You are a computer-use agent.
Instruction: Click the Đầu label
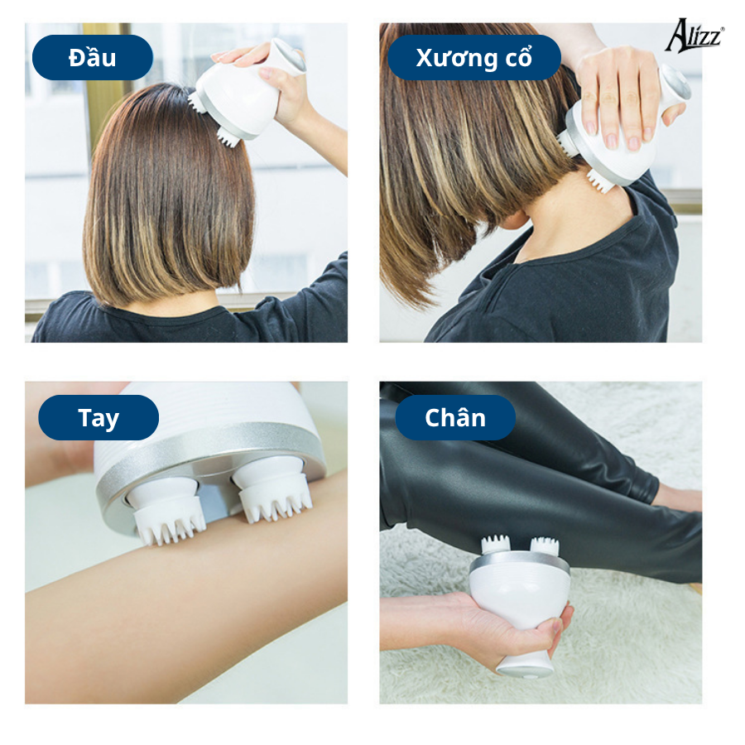coord(93,57)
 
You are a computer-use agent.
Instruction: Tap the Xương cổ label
coord(474,57)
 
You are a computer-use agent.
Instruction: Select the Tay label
coord(99,418)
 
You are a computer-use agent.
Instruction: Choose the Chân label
coord(455,418)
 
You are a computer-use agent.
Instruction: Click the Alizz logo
coord(695,35)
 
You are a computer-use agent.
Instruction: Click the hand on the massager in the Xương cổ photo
coord(618,95)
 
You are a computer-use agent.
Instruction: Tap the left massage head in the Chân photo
coord(496,545)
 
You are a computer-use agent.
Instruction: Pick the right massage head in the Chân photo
coord(545,546)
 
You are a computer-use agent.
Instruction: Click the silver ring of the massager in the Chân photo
coord(519,564)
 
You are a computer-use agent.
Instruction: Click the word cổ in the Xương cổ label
coord(518,57)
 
